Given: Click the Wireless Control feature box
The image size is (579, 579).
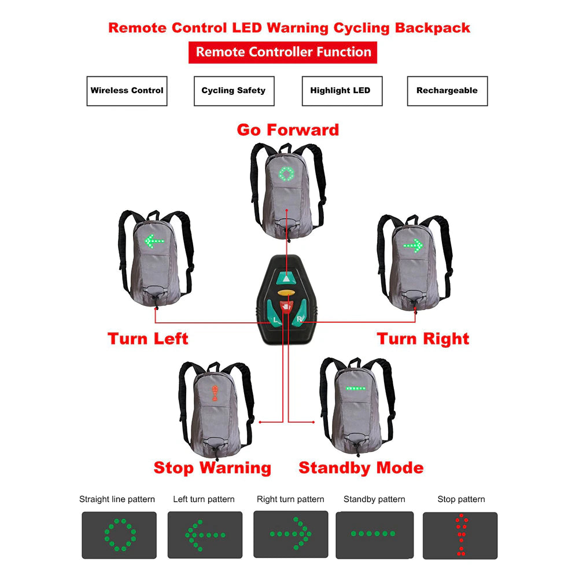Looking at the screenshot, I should pyautogui.click(x=127, y=91).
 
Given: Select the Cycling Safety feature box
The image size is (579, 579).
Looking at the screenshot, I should pyautogui.click(x=234, y=91).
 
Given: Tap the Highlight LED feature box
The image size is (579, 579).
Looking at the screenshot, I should pyautogui.click(x=342, y=91).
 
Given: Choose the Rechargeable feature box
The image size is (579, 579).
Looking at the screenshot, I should pyautogui.click(x=447, y=91).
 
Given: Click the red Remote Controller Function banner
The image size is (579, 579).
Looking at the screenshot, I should pyautogui.click(x=283, y=52).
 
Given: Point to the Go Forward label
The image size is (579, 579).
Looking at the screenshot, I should pyautogui.click(x=287, y=130).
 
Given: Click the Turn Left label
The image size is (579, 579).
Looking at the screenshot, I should pyautogui.click(x=148, y=338).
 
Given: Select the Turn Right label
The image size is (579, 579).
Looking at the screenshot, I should pyautogui.click(x=423, y=338).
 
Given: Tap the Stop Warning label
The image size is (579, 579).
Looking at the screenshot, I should pyautogui.click(x=212, y=467).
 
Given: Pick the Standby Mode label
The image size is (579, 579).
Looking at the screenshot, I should pyautogui.click(x=361, y=467).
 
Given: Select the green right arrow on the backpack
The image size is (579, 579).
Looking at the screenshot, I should pyautogui.click(x=414, y=245).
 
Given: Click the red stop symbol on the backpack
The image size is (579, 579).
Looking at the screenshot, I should pyautogui.click(x=215, y=393).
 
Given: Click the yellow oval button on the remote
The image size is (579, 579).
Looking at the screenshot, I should pyautogui.click(x=283, y=293).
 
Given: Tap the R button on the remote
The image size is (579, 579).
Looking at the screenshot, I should pyautogui.click(x=299, y=318).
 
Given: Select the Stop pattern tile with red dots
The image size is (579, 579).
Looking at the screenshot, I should pyautogui.click(x=460, y=535).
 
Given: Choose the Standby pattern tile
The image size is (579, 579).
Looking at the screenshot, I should pyautogui.click(x=374, y=534).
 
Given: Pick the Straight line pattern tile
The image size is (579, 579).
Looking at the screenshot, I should pyautogui.click(x=119, y=535).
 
